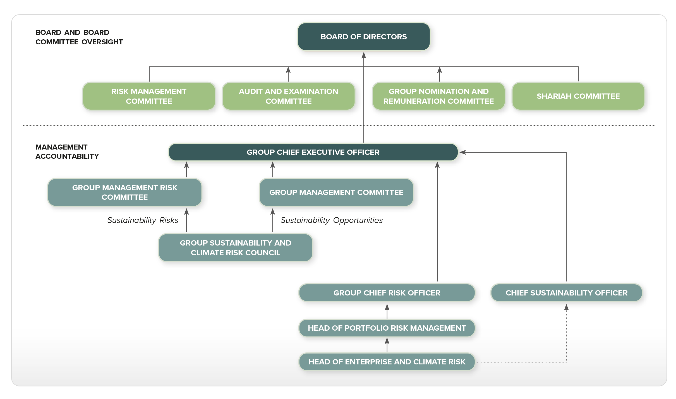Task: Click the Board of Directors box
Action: (364, 37)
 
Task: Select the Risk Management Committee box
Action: (149, 96)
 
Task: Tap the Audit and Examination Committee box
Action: (288, 96)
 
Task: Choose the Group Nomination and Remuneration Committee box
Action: (438, 96)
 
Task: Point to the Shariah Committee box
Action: (578, 96)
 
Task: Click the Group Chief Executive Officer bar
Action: (313, 152)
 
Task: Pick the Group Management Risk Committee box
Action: (124, 192)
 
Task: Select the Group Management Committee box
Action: (336, 192)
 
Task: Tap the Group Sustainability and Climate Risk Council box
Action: (235, 248)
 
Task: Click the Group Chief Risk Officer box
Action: (387, 293)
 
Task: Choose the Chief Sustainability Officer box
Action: (567, 293)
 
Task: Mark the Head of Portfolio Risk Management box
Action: (387, 328)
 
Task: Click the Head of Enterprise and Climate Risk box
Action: (387, 362)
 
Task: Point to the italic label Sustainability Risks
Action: (143, 220)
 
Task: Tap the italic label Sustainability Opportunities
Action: (332, 220)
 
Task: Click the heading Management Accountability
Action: (67, 152)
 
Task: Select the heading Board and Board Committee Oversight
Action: (79, 37)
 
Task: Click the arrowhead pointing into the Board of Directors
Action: (364, 55)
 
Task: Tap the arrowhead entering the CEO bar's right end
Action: (462, 152)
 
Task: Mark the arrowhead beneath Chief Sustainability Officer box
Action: (566, 307)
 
